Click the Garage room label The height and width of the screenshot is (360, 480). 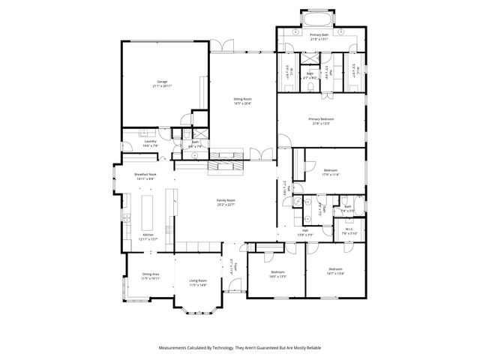[162, 81]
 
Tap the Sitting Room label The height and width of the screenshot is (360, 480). [242, 99]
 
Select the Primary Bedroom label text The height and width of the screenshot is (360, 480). [321, 118]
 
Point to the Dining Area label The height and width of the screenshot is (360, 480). [150, 274]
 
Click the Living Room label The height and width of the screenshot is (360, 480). [198, 280]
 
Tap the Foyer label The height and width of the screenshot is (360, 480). [234, 265]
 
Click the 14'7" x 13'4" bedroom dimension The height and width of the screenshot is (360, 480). [334, 273]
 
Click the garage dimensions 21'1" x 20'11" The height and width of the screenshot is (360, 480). [162, 86]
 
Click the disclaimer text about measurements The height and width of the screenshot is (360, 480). [239, 348]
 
